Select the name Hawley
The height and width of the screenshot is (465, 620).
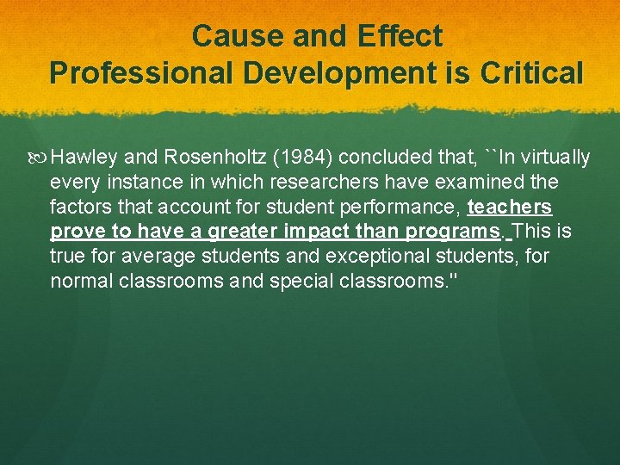click(84, 158)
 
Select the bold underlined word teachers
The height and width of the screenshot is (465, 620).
click(509, 208)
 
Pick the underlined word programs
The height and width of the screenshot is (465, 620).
click(453, 232)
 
